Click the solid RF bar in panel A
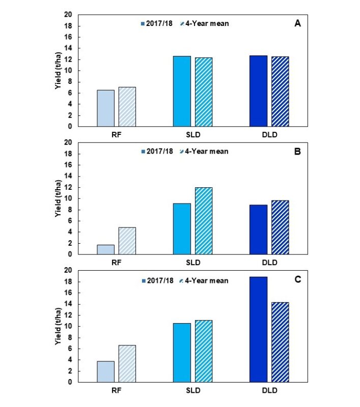[x=105, y=108]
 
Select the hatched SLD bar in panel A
[x=203, y=92]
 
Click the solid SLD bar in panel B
[x=182, y=229]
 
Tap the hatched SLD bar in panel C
[x=203, y=351]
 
